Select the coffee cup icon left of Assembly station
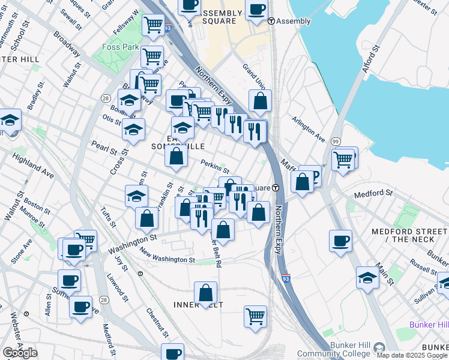pyautogui.click(x=256, y=11)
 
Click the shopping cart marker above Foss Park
pyautogui.click(x=152, y=25)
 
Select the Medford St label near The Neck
pyautogui.click(x=373, y=194)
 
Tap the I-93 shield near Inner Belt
pyautogui.click(x=286, y=279)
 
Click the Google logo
pyautogui.click(x=20, y=353)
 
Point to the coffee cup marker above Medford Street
pyautogui.click(x=340, y=241)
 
